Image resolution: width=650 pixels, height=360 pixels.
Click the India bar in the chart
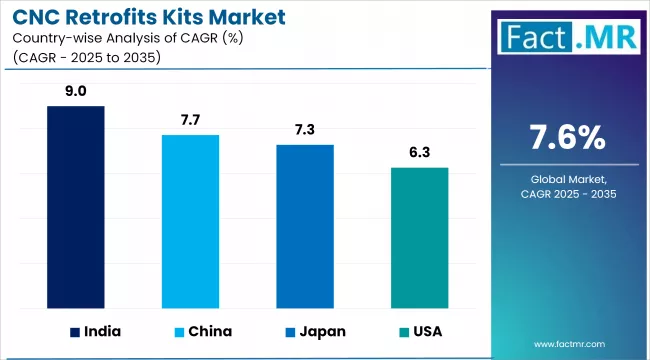tap(76, 206)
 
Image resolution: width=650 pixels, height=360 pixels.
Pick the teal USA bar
tap(419, 237)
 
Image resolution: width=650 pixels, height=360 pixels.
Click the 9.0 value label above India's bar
tap(76, 91)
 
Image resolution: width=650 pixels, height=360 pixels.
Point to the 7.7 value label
tap(190, 120)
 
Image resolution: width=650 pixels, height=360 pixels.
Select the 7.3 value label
tap(305, 130)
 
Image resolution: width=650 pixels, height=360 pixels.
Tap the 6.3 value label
tap(419, 152)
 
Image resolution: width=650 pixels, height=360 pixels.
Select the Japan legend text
tap(322, 331)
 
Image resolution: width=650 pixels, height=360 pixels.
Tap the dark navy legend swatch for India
tap(75, 331)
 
